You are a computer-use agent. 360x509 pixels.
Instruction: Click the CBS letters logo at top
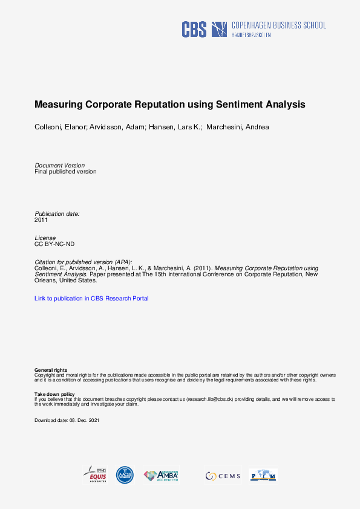tap(194, 29)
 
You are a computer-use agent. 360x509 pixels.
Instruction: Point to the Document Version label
tap(59, 165)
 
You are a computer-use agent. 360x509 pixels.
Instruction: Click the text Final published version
tap(65, 172)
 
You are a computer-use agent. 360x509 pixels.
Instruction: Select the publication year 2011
tap(41, 220)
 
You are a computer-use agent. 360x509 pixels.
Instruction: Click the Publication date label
tap(57, 214)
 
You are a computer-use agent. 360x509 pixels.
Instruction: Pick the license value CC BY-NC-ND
tap(54, 244)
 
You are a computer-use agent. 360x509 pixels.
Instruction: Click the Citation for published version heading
tap(83, 262)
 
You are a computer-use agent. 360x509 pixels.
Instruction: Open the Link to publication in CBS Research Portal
tap(91, 299)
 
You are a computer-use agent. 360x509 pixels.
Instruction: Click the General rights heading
tap(51, 370)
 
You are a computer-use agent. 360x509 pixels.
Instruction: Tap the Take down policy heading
tap(54, 394)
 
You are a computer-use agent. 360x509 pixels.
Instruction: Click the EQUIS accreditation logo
tap(95, 475)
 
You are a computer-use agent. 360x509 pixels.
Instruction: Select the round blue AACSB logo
tap(125, 475)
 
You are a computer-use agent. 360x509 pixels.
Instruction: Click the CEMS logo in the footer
tap(223, 476)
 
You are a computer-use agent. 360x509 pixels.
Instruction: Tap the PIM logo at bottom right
tap(263, 476)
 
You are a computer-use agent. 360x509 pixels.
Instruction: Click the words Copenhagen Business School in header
tap(279, 25)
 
